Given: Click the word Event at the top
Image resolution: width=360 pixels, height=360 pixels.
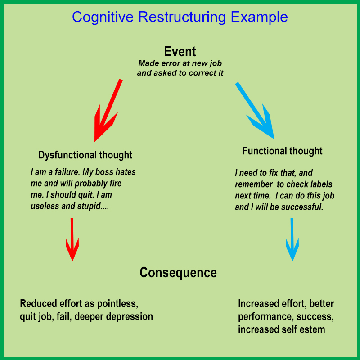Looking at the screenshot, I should [x=180, y=51].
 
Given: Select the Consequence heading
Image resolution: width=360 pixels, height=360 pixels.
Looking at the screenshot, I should [x=178, y=273].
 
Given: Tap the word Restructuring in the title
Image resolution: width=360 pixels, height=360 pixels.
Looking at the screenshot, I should [x=182, y=17].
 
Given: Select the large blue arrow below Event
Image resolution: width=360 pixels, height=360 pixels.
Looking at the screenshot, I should [x=255, y=110].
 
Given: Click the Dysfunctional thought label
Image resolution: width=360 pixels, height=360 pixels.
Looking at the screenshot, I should [x=85, y=155].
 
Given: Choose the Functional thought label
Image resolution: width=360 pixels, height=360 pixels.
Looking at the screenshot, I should [x=283, y=151].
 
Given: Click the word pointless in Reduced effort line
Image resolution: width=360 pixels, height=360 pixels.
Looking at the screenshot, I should [x=123, y=303].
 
